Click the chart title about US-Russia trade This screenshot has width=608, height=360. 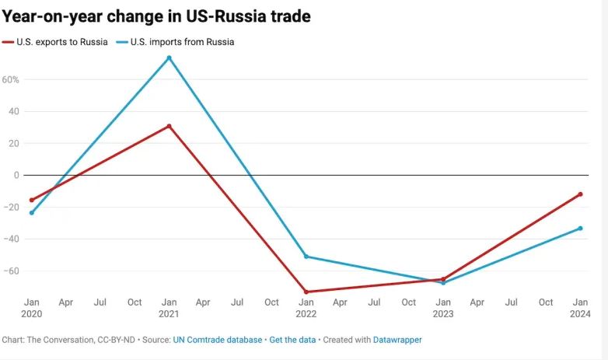tap(156, 16)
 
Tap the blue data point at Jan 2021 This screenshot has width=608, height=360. tap(169, 58)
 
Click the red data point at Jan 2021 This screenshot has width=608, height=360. tap(169, 126)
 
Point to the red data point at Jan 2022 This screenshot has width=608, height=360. tap(306, 292)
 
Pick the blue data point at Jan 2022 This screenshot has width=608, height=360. tap(306, 256)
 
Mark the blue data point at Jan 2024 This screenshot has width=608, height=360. tap(580, 228)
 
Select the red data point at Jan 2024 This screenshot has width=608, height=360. tap(580, 194)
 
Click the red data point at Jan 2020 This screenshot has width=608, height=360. tap(32, 200)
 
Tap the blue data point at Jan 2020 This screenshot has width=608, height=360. tap(32, 212)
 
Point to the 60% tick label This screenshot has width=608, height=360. tap(10, 79)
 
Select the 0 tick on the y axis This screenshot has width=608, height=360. tap(15, 175)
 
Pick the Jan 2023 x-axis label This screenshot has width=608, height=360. tap(443, 308)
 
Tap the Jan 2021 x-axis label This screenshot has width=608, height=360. tap(169, 308)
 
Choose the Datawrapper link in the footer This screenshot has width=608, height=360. tap(398, 340)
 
